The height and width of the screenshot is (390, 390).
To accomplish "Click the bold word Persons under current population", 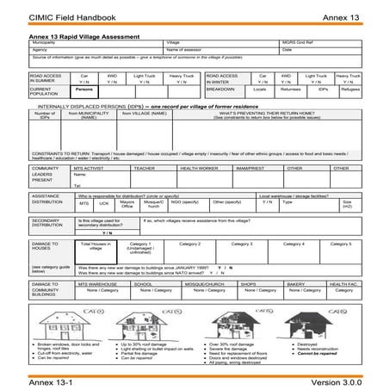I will pyautogui.click(x=84, y=89).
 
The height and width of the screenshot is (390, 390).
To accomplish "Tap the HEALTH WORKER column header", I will pyautogui.click(x=199, y=169).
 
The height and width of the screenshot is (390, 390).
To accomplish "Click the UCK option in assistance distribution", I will pyautogui.click(x=104, y=203).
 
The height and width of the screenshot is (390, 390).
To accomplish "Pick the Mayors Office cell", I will pyautogui.click(x=127, y=205).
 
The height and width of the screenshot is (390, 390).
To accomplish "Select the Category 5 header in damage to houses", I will pyautogui.click(x=345, y=244).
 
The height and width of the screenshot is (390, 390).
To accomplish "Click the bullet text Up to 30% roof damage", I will pyautogui.click(x=139, y=344).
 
